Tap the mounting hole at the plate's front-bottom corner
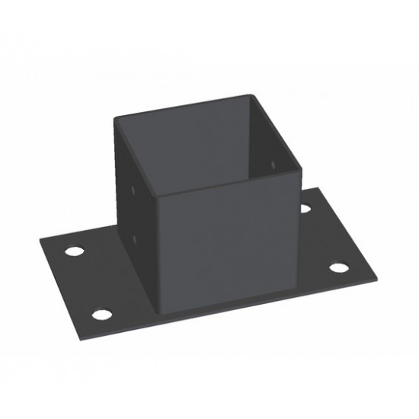tap(101, 314)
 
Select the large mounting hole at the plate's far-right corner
tap(339, 268)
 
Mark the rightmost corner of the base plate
tap(379, 275)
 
